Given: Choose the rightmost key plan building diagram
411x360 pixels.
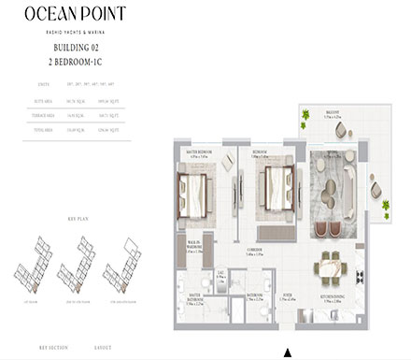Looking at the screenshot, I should [125, 256].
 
